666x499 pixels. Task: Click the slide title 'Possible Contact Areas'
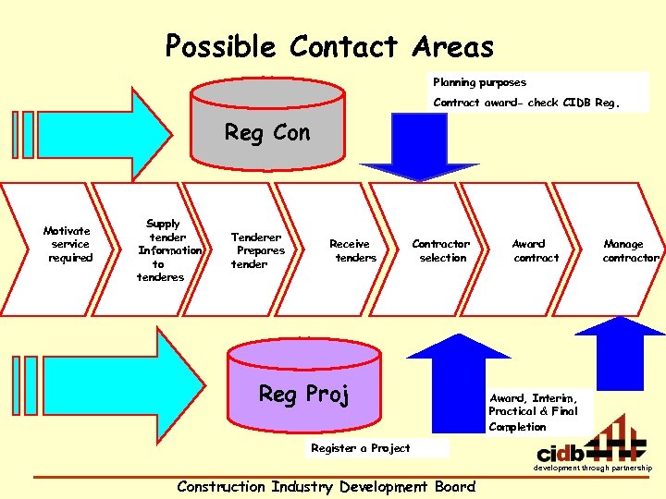(x=329, y=46)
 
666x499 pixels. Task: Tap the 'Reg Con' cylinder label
(x=267, y=133)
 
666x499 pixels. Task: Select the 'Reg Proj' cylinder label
(x=303, y=395)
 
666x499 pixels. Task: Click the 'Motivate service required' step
(x=68, y=244)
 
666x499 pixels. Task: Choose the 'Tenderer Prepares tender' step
(x=257, y=250)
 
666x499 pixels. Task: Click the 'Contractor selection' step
(x=441, y=250)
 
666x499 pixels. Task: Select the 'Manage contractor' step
(x=629, y=250)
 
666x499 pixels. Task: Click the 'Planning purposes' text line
(x=479, y=82)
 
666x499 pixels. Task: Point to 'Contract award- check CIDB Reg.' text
(x=539, y=103)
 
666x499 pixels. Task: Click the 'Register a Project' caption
(x=361, y=448)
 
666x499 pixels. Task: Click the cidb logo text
(x=561, y=453)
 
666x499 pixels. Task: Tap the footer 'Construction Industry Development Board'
(x=326, y=487)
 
